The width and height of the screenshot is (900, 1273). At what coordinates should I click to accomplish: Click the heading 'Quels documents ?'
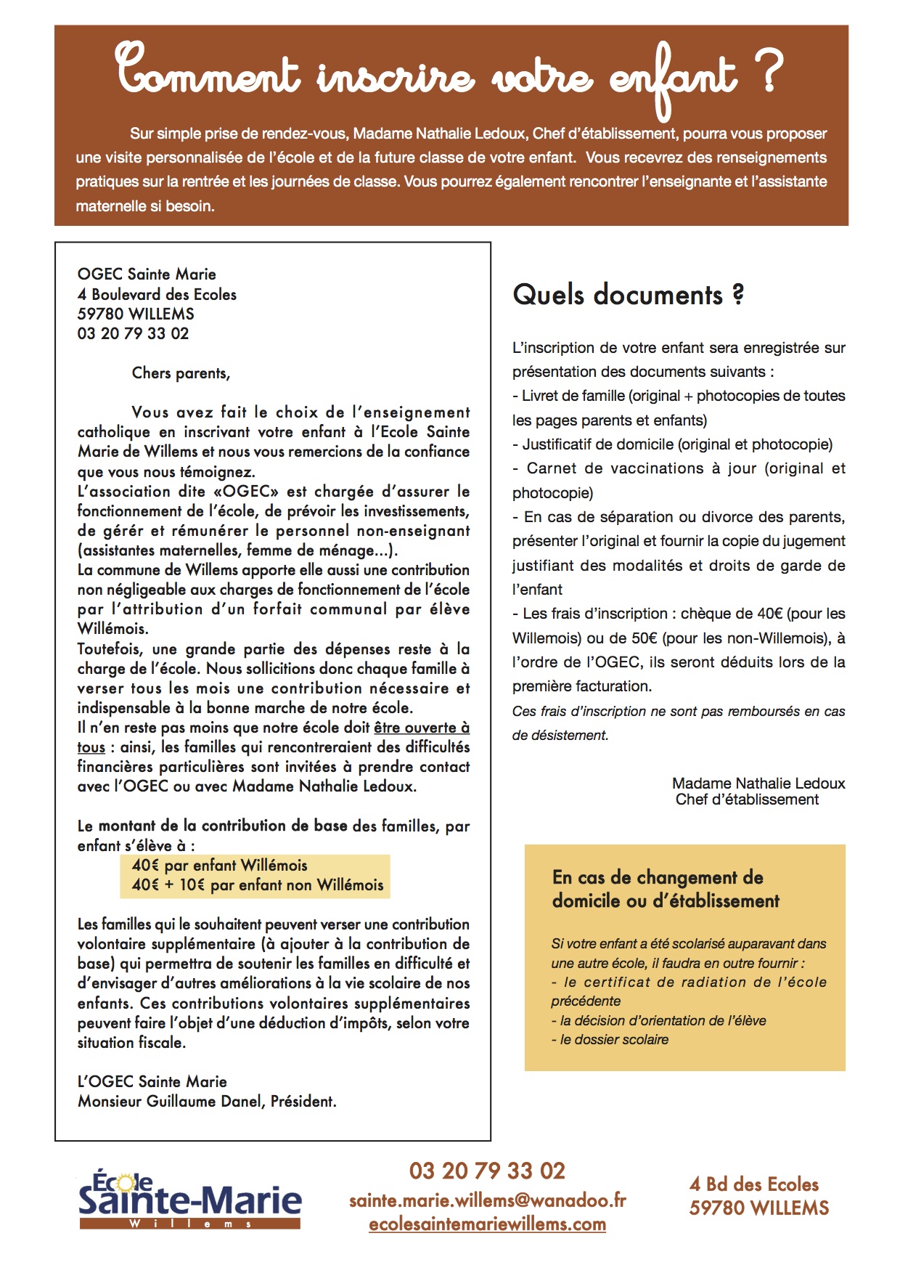point(628,295)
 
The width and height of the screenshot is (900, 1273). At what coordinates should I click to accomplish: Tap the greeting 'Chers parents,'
point(181,373)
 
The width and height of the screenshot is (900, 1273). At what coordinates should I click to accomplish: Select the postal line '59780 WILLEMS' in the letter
point(136,314)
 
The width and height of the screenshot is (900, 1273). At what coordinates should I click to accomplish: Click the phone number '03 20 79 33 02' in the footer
point(487,1171)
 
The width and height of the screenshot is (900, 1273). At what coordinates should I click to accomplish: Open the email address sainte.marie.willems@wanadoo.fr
point(487,1200)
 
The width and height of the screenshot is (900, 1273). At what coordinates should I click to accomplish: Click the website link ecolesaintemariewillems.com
point(487,1224)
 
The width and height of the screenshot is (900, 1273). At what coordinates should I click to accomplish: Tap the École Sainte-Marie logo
point(189,1199)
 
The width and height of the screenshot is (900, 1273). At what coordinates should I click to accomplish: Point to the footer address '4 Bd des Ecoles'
point(753,1184)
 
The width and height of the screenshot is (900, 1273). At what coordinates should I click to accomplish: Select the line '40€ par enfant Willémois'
point(219,865)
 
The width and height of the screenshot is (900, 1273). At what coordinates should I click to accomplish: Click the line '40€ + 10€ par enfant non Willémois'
point(257,884)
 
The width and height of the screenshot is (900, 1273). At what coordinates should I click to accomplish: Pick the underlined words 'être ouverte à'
point(422,728)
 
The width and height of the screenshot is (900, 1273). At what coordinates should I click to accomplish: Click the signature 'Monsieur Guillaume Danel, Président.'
point(207,1101)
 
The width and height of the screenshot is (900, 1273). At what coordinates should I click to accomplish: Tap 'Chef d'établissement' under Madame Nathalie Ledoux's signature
point(747,800)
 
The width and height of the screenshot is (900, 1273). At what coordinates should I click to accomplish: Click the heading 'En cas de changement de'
point(658,877)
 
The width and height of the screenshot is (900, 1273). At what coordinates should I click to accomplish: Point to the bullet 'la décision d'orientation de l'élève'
point(662,1020)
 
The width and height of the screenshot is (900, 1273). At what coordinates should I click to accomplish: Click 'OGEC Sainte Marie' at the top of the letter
point(147,274)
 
